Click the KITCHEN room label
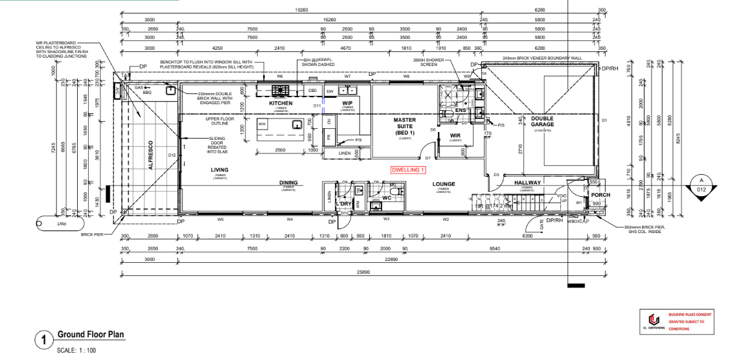(x=281, y=104)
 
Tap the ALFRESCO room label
(x=150, y=155)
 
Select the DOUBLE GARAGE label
(x=542, y=121)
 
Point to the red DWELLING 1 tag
(x=408, y=170)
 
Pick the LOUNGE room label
(x=443, y=184)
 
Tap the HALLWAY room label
(x=527, y=183)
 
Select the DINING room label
(x=288, y=183)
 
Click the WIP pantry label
(x=347, y=104)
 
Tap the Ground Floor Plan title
(x=91, y=335)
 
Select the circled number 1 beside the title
(x=43, y=339)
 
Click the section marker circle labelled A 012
(x=700, y=185)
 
